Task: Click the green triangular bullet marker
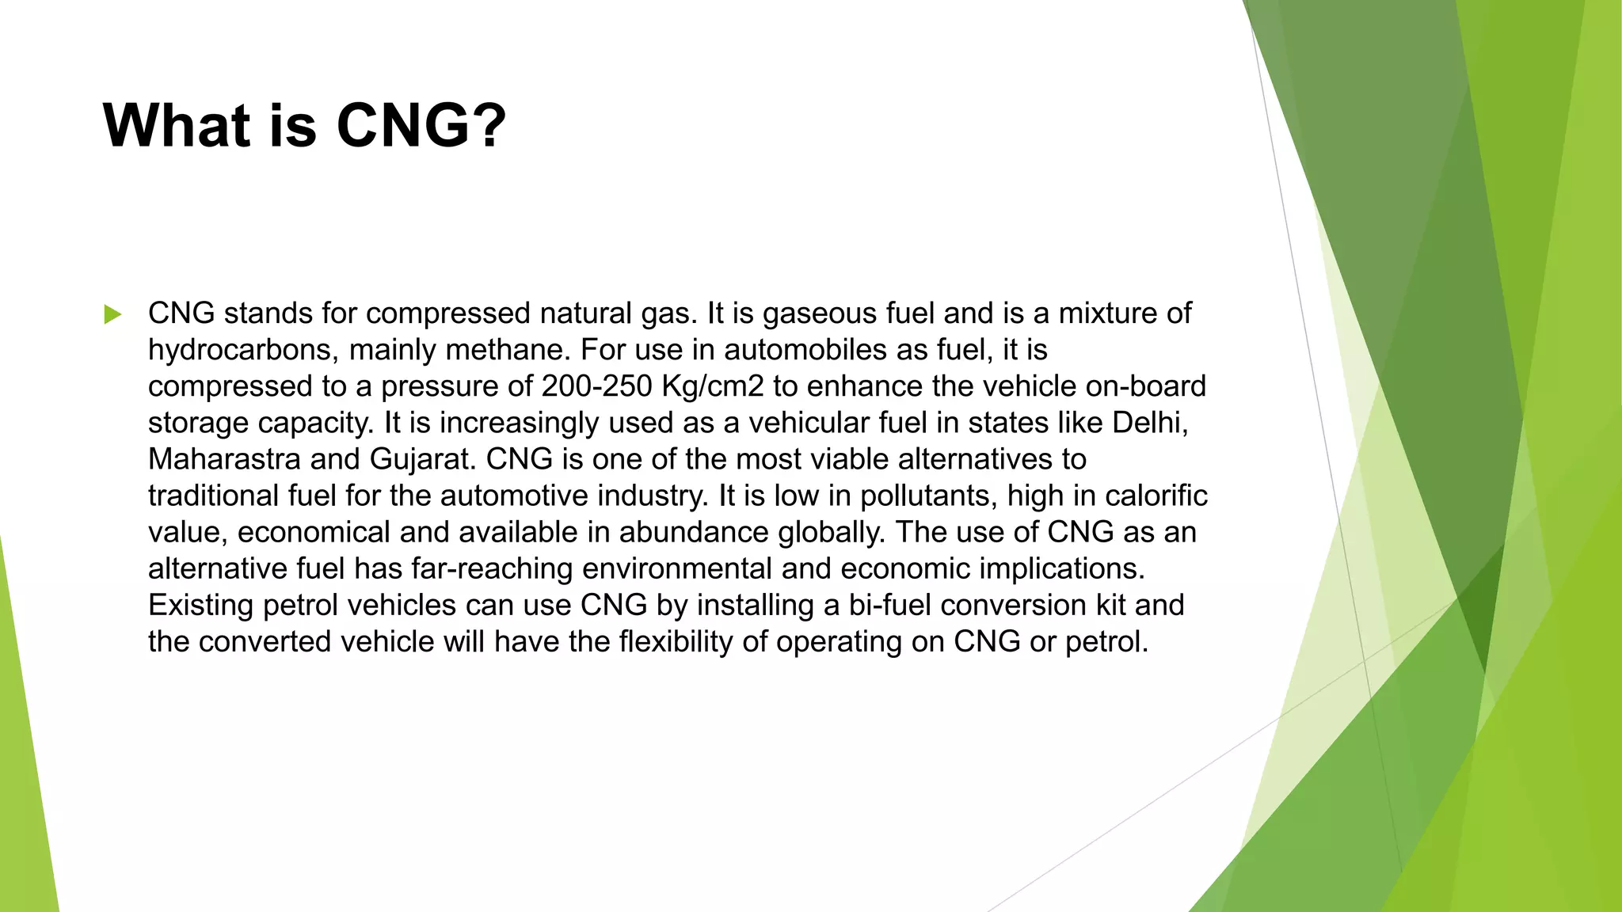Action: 112,314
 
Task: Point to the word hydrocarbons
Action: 240,350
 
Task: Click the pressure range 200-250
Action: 596,386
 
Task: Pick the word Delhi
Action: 1149,423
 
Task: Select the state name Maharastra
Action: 224,459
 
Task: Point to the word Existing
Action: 201,605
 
